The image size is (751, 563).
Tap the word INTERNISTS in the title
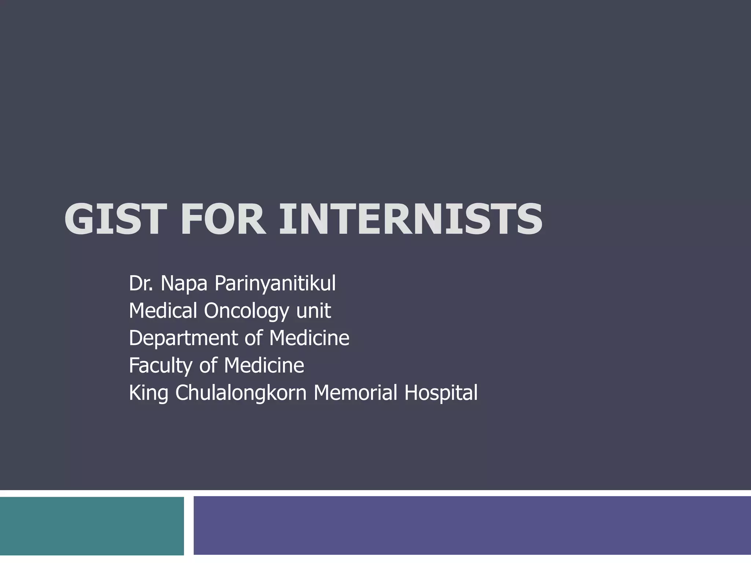410,219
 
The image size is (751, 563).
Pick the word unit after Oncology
314,310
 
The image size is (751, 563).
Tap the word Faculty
161,366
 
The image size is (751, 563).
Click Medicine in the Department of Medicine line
309,338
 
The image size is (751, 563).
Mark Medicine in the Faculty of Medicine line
264,365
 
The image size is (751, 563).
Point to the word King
149,393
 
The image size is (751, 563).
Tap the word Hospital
441,393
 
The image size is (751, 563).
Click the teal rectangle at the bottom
92,526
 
